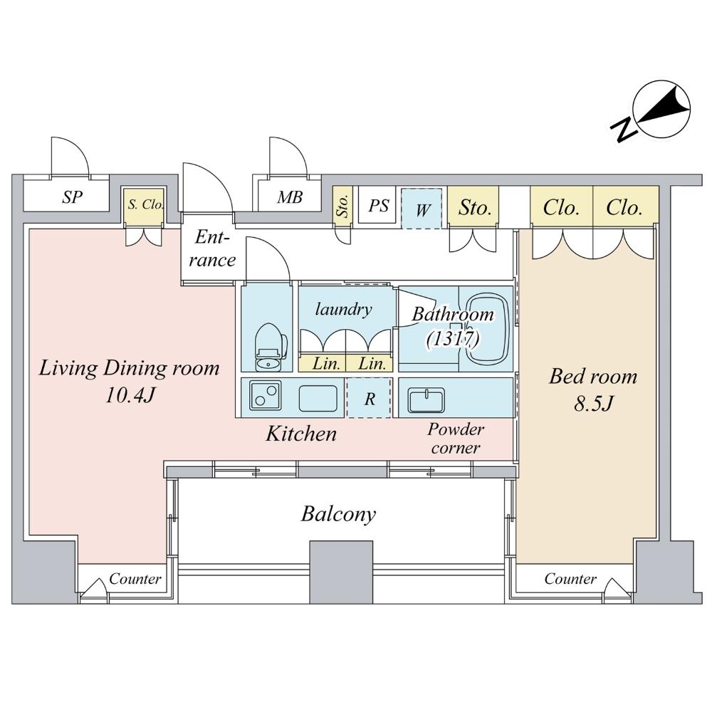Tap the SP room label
pyautogui.click(x=71, y=197)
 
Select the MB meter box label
pyautogui.click(x=290, y=197)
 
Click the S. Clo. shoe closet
pyautogui.click(x=145, y=204)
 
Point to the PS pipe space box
pyautogui.click(x=378, y=206)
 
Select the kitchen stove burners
pyautogui.click(x=264, y=397)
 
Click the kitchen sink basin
pyautogui.click(x=316, y=397)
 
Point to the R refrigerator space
pyautogui.click(x=369, y=399)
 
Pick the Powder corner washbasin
pyautogui.click(x=426, y=399)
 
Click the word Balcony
pyautogui.click(x=338, y=514)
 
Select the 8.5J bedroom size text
pyautogui.click(x=592, y=404)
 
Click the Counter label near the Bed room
pyautogui.click(x=570, y=579)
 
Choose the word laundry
pyautogui.click(x=344, y=309)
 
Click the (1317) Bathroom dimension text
pyautogui.click(x=453, y=338)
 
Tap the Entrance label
pyautogui.click(x=212, y=248)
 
